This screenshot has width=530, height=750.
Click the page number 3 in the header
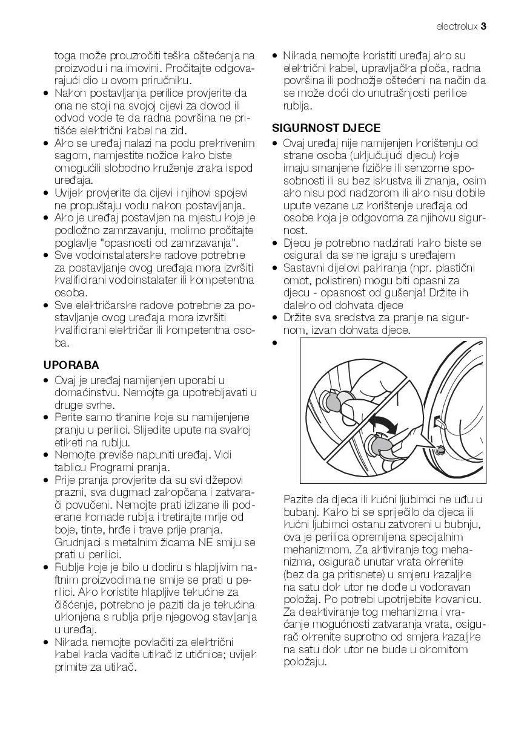point(485,27)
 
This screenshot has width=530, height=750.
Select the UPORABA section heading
point(71,365)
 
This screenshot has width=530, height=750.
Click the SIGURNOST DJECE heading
point(326,128)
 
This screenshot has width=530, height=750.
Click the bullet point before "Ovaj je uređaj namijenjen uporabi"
point(47,380)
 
